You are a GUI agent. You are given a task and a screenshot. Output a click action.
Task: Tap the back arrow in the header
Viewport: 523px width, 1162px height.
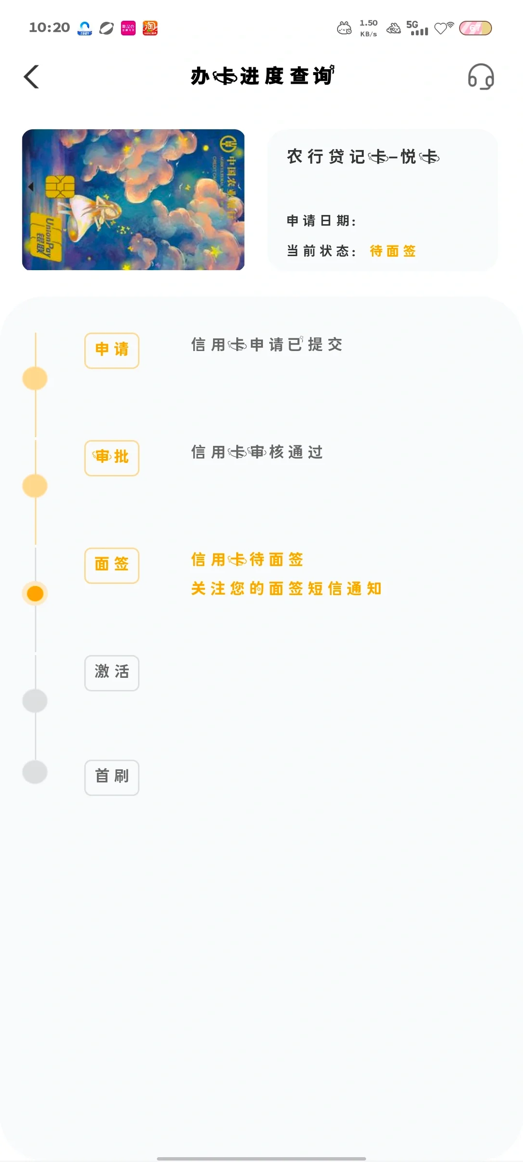[31, 76]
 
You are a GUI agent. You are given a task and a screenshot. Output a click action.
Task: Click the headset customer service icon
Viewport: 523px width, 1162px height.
[480, 76]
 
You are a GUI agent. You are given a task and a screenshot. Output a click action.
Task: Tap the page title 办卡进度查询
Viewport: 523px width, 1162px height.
[262, 76]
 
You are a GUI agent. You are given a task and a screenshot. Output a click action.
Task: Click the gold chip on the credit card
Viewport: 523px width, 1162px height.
[60, 186]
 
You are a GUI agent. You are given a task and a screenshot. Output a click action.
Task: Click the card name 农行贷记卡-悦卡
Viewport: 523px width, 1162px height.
[363, 156]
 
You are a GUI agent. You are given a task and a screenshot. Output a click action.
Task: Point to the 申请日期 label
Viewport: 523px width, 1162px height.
[321, 221]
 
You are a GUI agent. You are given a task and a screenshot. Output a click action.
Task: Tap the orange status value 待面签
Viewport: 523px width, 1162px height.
[393, 251]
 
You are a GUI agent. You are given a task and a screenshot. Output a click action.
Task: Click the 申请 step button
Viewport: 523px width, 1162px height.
[112, 350]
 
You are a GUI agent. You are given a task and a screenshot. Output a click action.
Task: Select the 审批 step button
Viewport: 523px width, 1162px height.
[112, 458]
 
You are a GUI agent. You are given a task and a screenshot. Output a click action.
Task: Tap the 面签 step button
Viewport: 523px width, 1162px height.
[112, 565]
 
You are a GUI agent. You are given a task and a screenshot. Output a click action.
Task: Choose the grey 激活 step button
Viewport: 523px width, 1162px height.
[112, 673]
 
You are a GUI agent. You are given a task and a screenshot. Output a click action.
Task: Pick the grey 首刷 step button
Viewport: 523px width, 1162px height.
[112, 777]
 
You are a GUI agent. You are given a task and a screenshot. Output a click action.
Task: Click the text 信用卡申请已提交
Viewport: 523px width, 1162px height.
[267, 344]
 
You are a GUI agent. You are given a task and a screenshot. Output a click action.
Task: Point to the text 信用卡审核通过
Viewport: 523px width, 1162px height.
[257, 452]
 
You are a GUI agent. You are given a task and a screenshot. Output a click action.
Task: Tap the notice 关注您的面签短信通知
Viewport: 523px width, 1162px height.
[286, 588]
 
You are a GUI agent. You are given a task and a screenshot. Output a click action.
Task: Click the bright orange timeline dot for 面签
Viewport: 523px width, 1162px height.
[35, 593]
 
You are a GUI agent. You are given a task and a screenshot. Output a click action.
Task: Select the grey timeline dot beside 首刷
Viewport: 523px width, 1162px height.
[35, 771]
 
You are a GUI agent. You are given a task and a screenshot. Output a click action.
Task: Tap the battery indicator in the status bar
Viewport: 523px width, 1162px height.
[475, 28]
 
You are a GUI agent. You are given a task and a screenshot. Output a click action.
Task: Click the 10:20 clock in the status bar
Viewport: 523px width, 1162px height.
[49, 28]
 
